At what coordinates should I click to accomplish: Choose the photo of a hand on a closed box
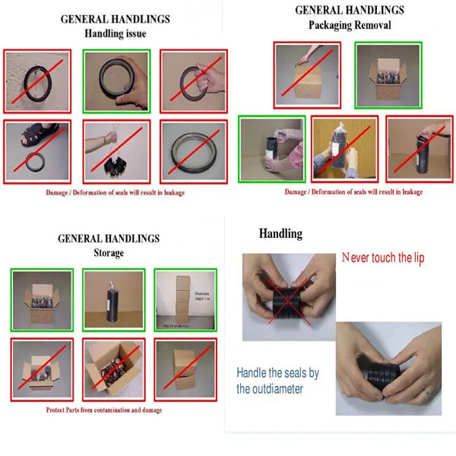click(x=306, y=74)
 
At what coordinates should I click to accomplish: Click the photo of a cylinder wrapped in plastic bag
click(x=345, y=149)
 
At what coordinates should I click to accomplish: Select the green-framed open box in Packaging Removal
click(x=383, y=74)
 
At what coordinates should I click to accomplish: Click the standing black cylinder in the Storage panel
click(x=115, y=300)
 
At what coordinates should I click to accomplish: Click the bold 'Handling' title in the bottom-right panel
click(x=280, y=234)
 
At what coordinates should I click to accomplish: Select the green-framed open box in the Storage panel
click(x=43, y=300)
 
